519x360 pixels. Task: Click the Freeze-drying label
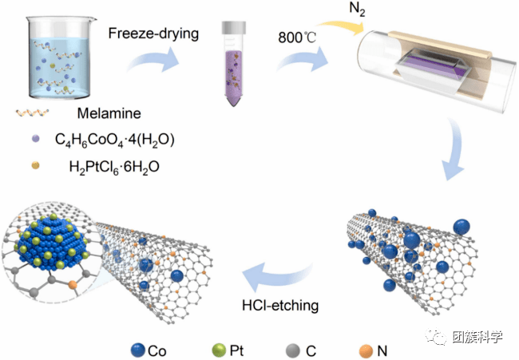pos(153,34)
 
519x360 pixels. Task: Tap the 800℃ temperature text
pos(297,38)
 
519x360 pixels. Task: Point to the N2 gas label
pos(357,9)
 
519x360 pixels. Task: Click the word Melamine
pos(109,113)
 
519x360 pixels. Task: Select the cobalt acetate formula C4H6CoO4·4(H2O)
pos(114,140)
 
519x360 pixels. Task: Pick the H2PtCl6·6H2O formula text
pos(114,167)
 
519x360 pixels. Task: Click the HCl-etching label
pos(280,305)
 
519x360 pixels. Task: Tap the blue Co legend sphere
pos(138,350)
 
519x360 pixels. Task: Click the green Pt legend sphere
pos(219,350)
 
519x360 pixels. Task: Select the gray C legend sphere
pos(292,350)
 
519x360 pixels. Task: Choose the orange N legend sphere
pos(366,351)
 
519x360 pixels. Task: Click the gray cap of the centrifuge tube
pos(234,27)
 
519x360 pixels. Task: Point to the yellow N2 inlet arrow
pos(341,26)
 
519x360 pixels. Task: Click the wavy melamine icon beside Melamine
pos(32,113)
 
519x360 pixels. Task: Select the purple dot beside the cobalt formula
pos(35,139)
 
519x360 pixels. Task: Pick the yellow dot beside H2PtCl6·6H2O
pos(35,165)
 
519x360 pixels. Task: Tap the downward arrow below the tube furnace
pos(454,149)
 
